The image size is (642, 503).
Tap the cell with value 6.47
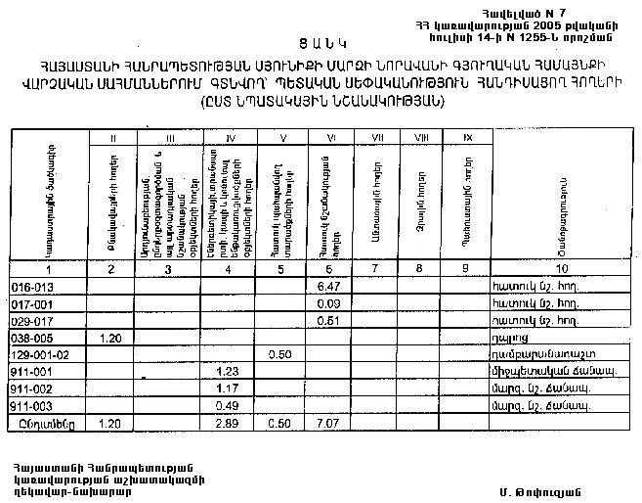328,285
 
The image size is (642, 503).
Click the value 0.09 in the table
328,302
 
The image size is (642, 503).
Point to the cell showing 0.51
328,319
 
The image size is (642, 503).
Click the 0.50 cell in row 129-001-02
279,352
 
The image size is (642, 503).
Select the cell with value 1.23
227,370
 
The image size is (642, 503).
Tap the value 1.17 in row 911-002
227,388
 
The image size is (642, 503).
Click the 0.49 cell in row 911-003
227,404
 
